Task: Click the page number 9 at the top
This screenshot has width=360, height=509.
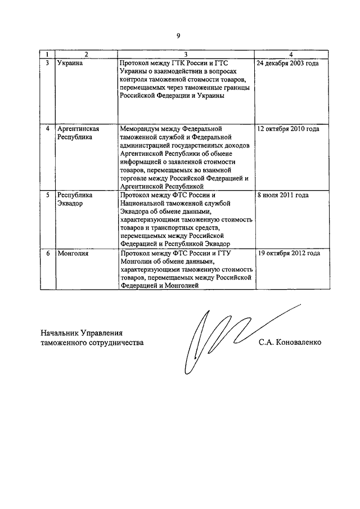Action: click(178, 35)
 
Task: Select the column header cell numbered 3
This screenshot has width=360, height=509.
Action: click(185, 54)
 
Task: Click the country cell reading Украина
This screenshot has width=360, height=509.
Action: click(70, 64)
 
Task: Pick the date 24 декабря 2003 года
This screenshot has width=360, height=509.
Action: click(287, 64)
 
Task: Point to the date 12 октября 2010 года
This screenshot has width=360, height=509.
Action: click(288, 129)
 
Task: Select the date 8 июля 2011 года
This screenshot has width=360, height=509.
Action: click(282, 195)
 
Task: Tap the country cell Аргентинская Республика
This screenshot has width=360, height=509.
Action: click(75, 133)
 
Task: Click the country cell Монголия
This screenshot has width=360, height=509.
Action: click(73, 253)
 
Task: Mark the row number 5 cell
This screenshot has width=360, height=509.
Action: click(48, 195)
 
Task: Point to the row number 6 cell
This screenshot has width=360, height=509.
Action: click(48, 253)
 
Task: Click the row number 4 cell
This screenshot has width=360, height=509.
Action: click(48, 129)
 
